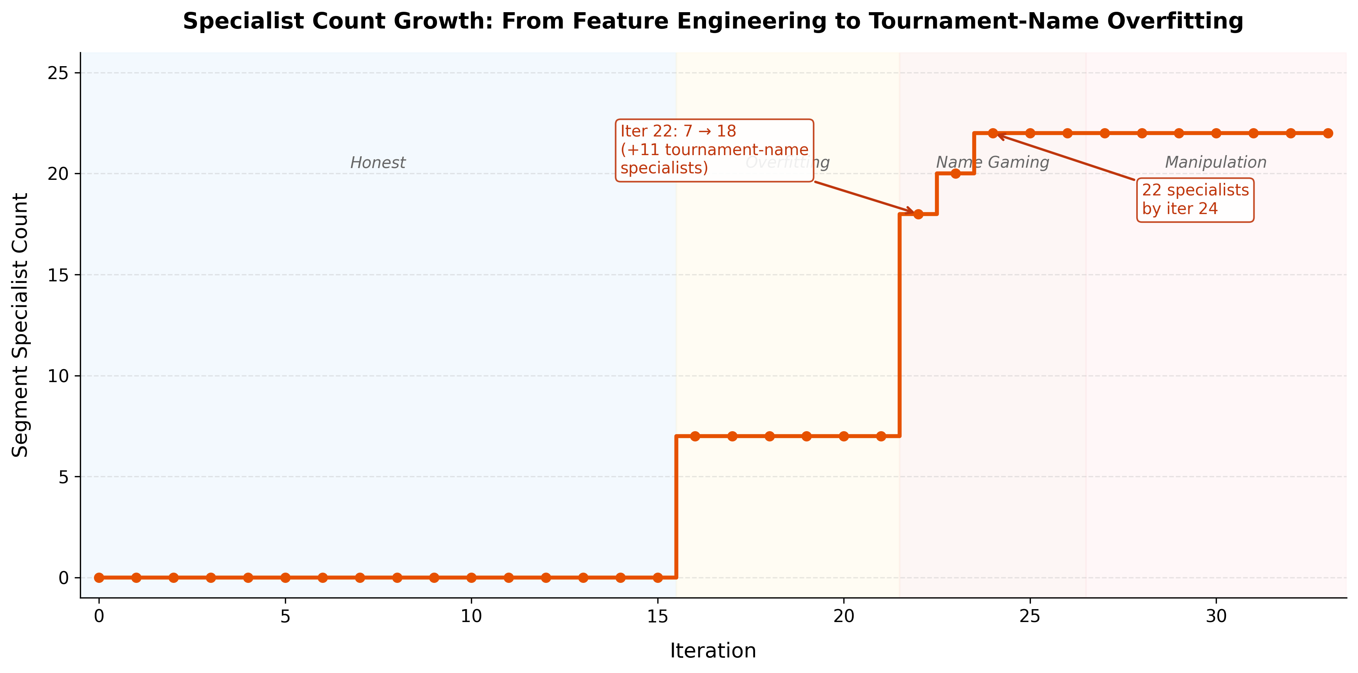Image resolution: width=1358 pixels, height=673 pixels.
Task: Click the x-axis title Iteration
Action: click(x=713, y=650)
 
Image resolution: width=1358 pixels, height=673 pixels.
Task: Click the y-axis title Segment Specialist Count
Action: click(x=20, y=325)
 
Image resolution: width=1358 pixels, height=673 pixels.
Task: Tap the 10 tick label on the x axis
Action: click(x=471, y=616)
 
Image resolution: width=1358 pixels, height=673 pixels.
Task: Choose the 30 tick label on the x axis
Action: click(x=1216, y=616)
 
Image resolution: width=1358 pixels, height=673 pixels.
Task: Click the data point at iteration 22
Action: click(x=918, y=214)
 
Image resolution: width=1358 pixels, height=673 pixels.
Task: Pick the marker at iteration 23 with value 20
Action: click(x=955, y=173)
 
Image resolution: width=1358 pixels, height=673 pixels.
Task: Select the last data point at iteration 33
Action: click(x=1328, y=133)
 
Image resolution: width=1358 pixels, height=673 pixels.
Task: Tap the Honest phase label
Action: click(x=378, y=163)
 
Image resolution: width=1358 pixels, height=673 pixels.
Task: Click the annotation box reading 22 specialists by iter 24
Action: click(x=1195, y=200)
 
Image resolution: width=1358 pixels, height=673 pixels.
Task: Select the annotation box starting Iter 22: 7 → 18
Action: click(x=714, y=150)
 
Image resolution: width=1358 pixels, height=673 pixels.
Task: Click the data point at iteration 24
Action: click(x=993, y=133)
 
